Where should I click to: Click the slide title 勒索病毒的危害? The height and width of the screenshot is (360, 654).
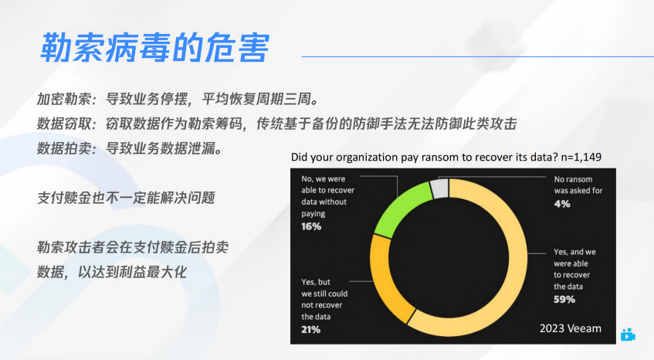[154, 48]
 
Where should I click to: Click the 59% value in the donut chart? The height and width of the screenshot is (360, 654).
[564, 300]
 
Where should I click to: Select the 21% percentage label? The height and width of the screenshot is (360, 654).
[310, 329]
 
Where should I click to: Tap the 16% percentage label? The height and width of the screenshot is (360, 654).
[312, 226]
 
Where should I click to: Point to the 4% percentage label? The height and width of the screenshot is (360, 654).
[562, 204]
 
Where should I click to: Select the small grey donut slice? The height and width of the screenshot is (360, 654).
[439, 188]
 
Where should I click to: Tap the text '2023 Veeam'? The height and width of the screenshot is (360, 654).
[570, 328]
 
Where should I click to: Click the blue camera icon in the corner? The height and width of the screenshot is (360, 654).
[628, 335]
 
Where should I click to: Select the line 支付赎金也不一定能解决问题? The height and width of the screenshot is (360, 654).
[125, 198]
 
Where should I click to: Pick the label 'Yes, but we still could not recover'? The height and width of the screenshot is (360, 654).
[324, 294]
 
